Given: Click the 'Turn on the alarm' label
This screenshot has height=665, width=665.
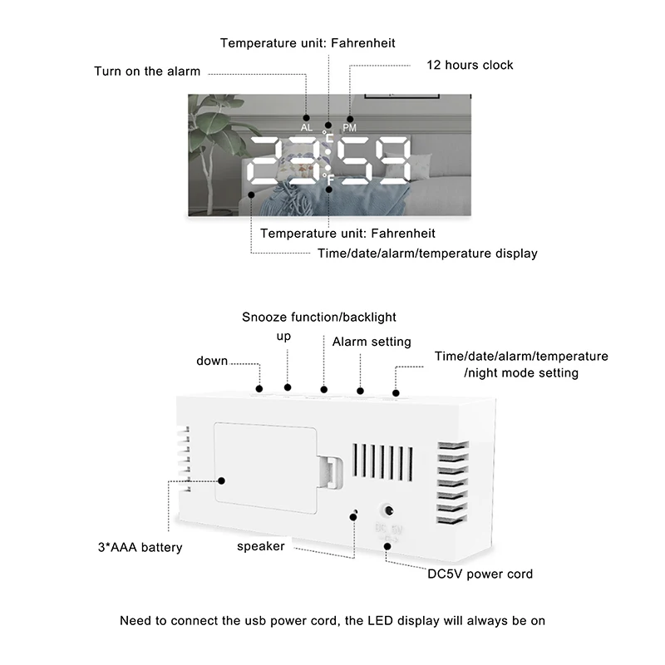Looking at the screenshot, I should pyautogui.click(x=147, y=71).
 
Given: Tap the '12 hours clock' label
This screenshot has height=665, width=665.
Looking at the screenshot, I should pyautogui.click(x=470, y=65).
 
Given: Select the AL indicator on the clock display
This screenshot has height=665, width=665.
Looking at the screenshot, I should pyautogui.click(x=307, y=128).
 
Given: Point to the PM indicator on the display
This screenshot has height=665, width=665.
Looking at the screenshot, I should pyautogui.click(x=350, y=128).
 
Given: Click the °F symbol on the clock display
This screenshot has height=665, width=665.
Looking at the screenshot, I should pyautogui.click(x=328, y=176).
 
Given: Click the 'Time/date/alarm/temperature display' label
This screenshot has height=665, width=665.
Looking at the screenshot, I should pyautogui.click(x=427, y=254).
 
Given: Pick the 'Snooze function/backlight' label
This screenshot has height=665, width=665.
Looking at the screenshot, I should pyautogui.click(x=319, y=317).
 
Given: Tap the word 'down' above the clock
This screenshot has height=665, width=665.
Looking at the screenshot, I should pyautogui.click(x=212, y=361).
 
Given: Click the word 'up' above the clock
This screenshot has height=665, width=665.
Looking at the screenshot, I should pyautogui.click(x=283, y=337).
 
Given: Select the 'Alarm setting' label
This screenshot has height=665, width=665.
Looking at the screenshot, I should pyautogui.click(x=372, y=342).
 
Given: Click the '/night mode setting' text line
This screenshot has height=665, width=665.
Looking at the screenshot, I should pyautogui.click(x=521, y=373).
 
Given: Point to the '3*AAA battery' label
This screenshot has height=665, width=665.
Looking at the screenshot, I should pyautogui.click(x=140, y=548).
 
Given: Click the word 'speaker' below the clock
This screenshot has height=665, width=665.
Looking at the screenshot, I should pyautogui.click(x=261, y=546).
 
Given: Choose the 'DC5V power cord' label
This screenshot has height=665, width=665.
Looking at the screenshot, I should pyautogui.click(x=480, y=574).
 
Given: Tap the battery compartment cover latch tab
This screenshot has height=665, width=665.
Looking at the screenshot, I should pyautogui.click(x=331, y=474).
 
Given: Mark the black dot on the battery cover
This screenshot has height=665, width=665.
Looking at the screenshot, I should pyautogui.click(x=222, y=480).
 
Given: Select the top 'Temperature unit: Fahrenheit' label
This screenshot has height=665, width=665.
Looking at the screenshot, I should pyautogui.click(x=308, y=42).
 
